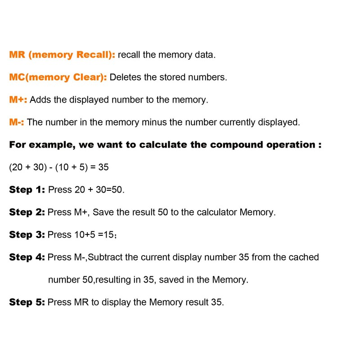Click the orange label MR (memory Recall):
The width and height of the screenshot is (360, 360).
pos(62,55)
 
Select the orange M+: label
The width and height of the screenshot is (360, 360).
pos(18,100)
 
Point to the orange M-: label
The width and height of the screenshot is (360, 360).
pos(17,122)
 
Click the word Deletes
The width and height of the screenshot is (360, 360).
pos(126,77)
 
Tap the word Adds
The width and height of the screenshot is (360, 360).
pos(40,100)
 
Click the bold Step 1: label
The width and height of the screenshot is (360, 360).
pos(27,190)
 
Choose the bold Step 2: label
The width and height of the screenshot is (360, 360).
pos(27,212)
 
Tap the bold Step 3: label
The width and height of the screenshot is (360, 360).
pos(27,235)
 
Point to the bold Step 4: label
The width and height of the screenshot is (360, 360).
pos(27,257)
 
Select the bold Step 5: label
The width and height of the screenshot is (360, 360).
pos(27,302)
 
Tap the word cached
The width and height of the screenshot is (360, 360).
pos(303,257)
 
